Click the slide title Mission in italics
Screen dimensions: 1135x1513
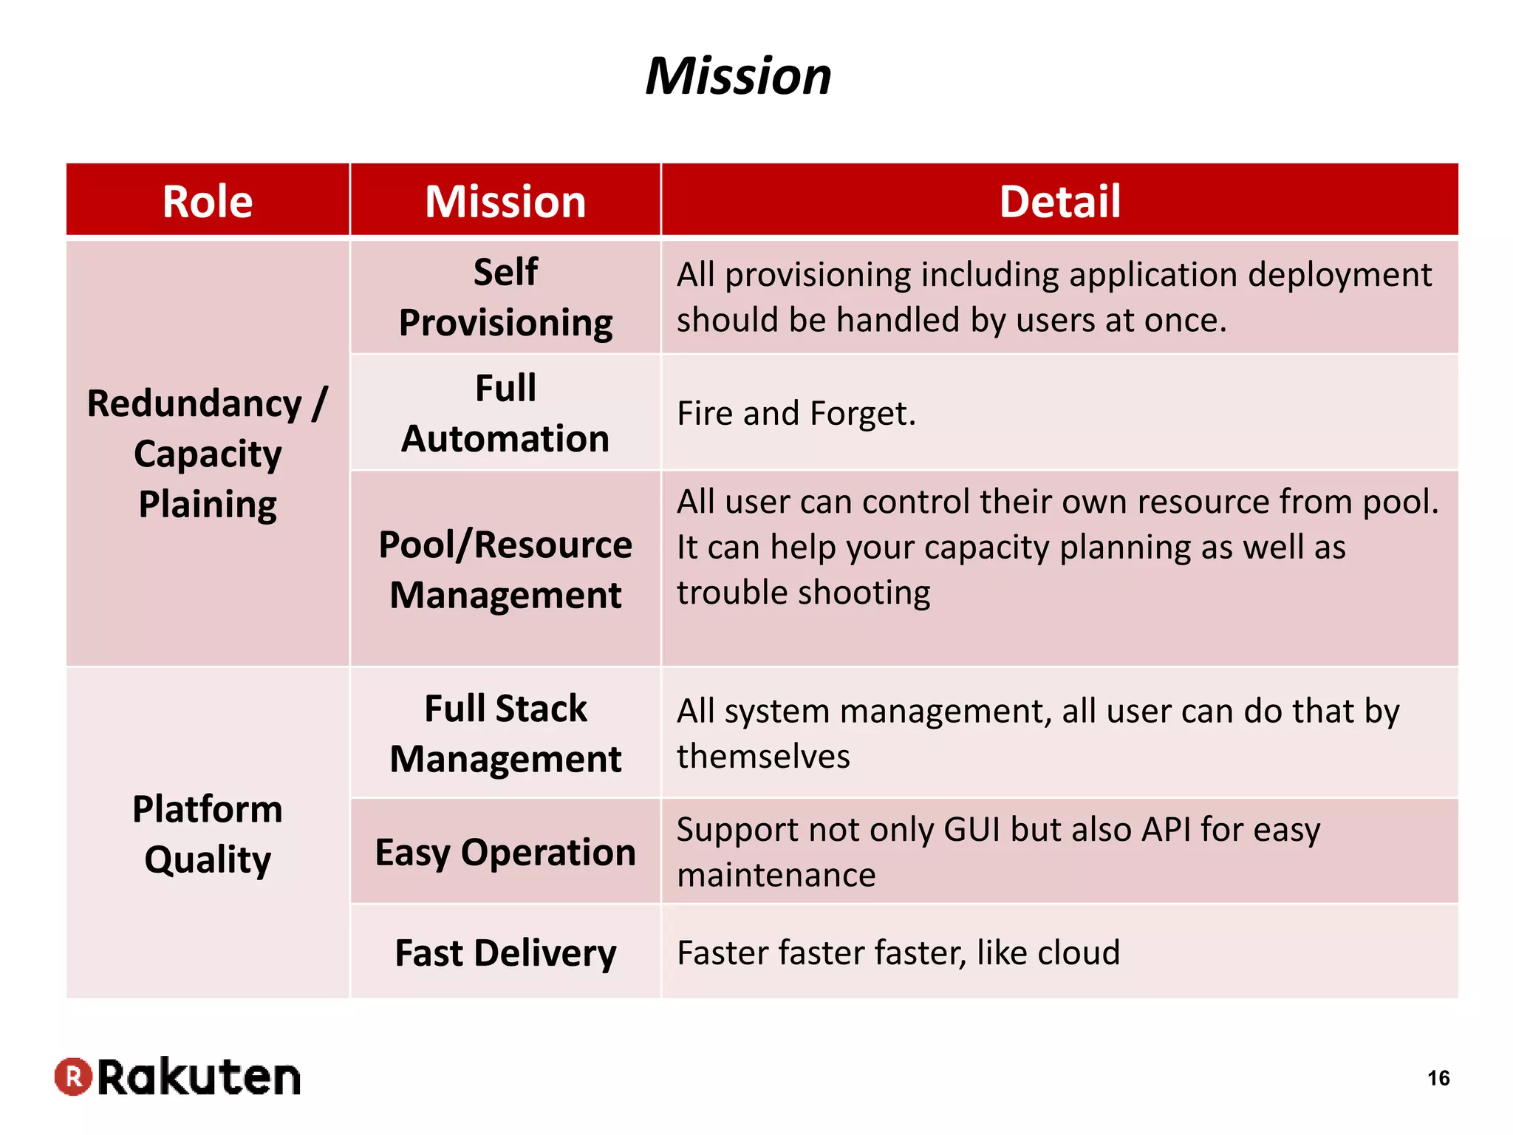click(x=738, y=76)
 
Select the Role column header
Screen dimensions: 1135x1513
click(x=208, y=201)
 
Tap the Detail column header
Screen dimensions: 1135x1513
click(x=1059, y=201)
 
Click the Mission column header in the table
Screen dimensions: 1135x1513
click(x=505, y=201)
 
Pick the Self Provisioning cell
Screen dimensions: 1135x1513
click(x=505, y=297)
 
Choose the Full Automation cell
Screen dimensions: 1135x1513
click(x=505, y=413)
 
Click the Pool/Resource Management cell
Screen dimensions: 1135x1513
click(x=505, y=569)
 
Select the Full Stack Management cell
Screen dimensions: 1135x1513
click(x=505, y=733)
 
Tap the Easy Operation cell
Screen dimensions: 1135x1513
click(x=505, y=852)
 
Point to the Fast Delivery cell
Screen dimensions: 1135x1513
click(x=505, y=952)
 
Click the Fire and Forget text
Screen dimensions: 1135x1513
click(x=796, y=413)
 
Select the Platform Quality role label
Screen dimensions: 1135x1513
click(x=208, y=834)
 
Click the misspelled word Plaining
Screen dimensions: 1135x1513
click(x=208, y=505)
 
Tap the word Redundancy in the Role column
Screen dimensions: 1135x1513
click(x=194, y=404)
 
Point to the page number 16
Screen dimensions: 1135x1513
click(x=1438, y=1078)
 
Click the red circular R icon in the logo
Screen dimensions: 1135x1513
click(x=73, y=1077)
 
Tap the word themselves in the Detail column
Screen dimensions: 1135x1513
click(x=763, y=757)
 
